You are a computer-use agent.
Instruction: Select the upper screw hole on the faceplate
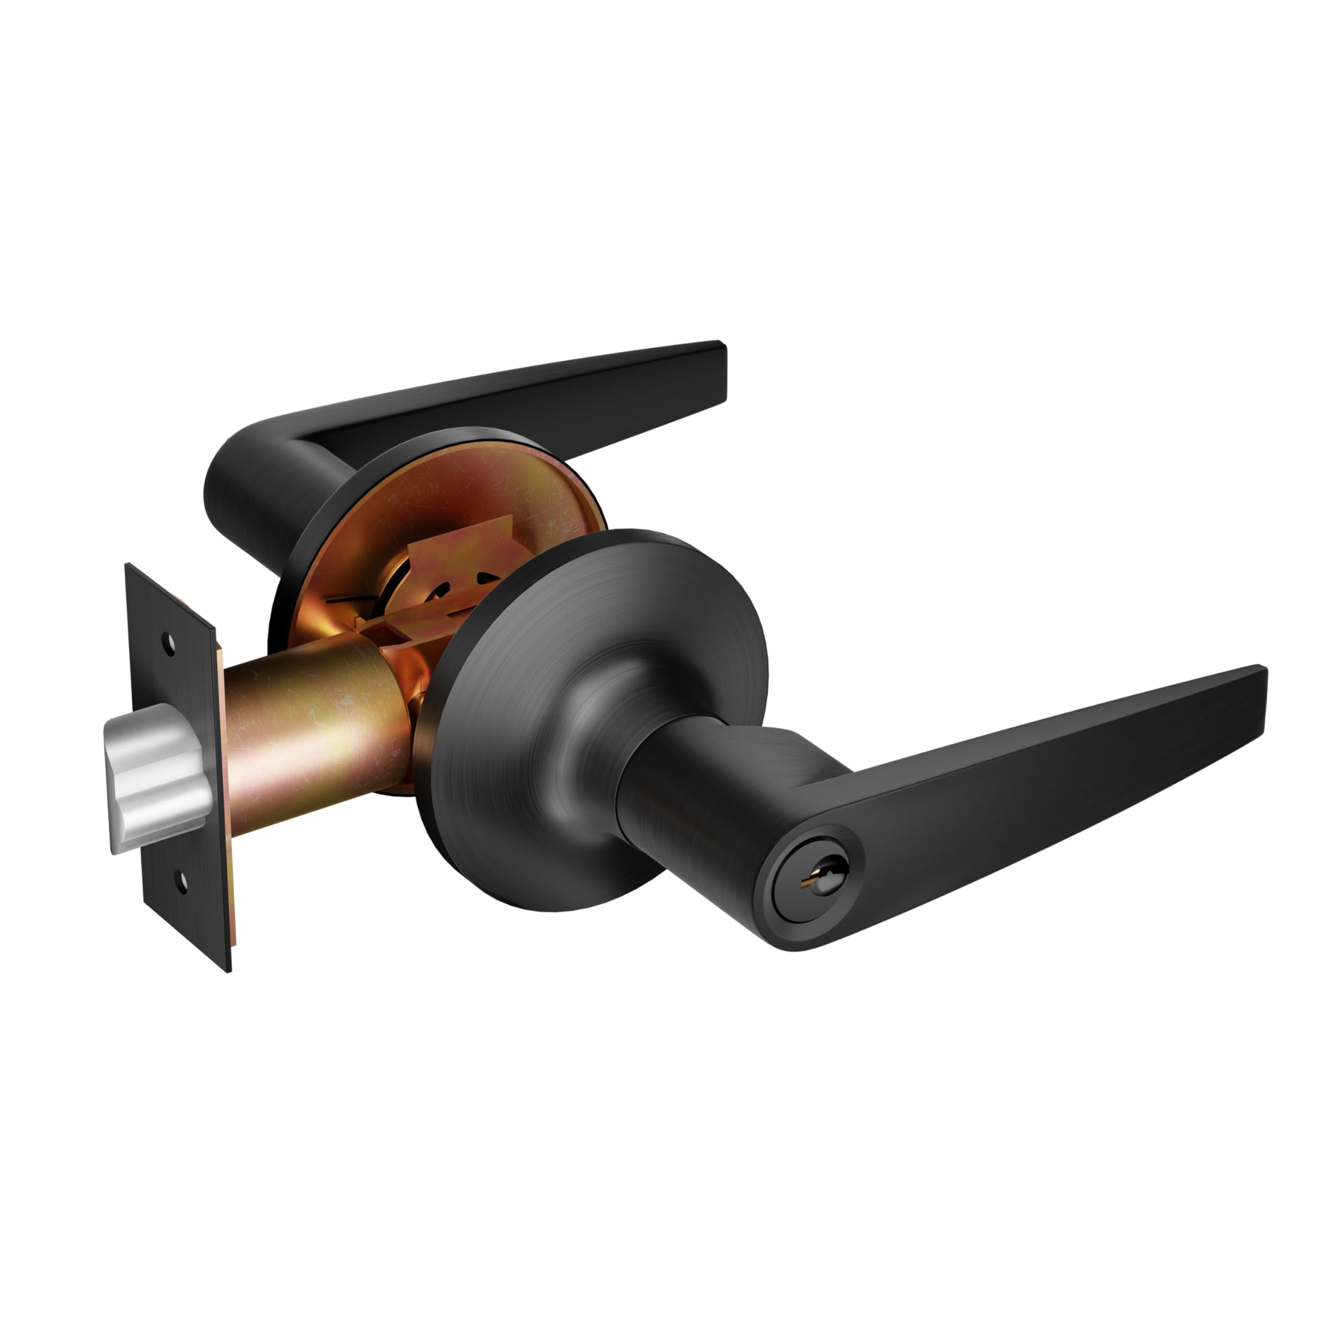pos(169,642)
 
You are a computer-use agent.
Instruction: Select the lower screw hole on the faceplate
pos(182,881)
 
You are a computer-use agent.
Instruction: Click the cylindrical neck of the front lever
pos(665,782)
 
